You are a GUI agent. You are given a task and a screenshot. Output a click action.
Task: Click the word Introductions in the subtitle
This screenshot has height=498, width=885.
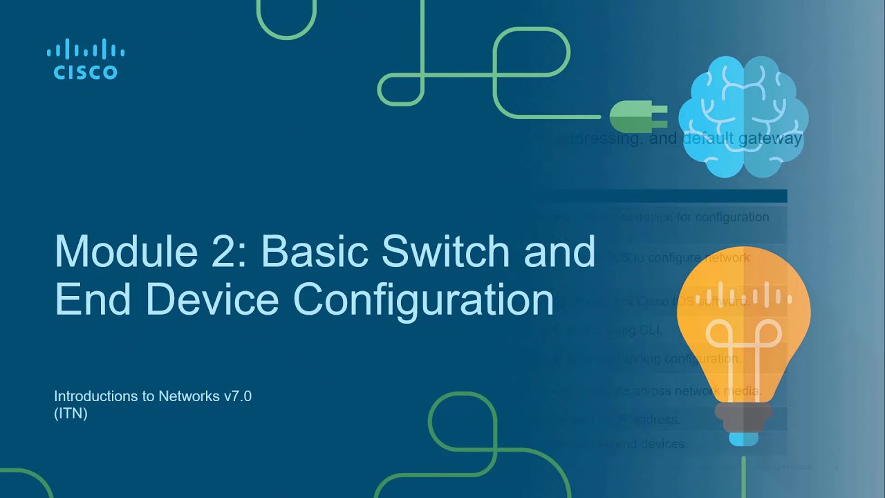(x=96, y=396)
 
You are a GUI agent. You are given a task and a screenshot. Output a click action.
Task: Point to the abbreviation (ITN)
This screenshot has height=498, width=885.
(x=71, y=414)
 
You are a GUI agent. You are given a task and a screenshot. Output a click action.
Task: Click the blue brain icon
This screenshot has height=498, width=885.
(x=743, y=118)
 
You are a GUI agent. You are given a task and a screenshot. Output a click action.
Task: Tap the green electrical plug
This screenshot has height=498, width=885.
(x=637, y=117)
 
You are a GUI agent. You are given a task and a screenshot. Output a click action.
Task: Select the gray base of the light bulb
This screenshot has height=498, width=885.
(x=743, y=416)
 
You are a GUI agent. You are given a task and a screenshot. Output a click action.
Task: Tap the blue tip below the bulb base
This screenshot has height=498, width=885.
(x=743, y=439)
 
